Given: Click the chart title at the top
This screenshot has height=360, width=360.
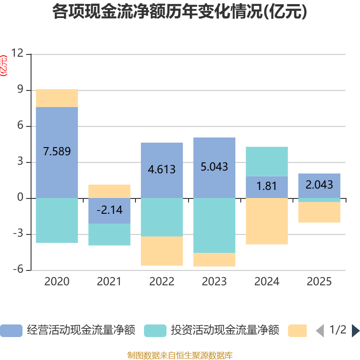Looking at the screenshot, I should click(180, 12).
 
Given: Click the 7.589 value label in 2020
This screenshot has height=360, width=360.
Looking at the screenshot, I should click(57, 151).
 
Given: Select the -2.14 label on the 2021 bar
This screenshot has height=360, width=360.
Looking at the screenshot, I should click(109, 210).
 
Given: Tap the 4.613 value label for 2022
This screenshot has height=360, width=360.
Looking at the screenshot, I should click(162, 170).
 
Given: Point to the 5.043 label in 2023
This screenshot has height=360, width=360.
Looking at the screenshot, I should click(214, 167).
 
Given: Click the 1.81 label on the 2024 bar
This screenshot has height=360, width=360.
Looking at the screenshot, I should click(266, 185).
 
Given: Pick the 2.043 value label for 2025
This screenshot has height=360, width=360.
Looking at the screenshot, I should click(319, 184).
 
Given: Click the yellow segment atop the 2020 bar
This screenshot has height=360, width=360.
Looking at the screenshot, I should click(57, 98).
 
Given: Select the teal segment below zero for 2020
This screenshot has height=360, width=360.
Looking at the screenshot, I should click(57, 220).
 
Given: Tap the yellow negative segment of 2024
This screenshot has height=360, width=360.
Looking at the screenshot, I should click(266, 221).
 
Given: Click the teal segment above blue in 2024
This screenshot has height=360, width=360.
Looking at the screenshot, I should click(266, 162).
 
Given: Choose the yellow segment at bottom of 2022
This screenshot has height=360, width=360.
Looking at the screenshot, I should click(162, 251).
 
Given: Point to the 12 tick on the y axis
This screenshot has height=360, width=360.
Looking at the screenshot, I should click(17, 54).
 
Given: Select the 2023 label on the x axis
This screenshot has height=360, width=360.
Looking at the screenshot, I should click(214, 282).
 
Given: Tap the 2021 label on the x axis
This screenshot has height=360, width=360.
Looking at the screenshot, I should click(109, 282).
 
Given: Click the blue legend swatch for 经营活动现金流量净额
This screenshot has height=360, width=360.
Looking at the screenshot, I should click(11, 331).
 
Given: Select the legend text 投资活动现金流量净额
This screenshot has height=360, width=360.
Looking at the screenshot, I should click(225, 331).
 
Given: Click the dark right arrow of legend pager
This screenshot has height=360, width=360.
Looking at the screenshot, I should click(355, 331).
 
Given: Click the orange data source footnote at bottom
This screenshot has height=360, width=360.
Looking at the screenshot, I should click(180, 355).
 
